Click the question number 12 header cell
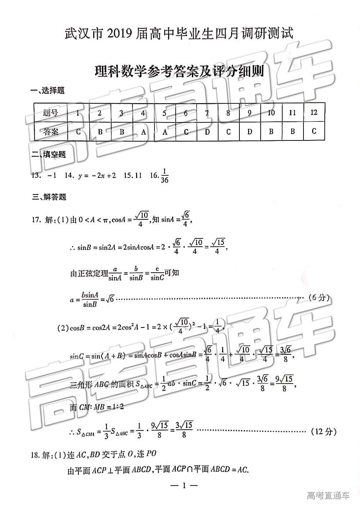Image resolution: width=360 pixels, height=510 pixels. (x=314, y=112)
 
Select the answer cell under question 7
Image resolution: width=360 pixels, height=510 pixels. (x=207, y=131)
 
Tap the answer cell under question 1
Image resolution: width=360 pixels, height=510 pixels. (x=78, y=131)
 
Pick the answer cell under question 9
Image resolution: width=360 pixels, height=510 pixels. (x=249, y=131)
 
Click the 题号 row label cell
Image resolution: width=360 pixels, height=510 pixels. (x=50, y=113)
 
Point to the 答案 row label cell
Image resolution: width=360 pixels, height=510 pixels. (x=50, y=131)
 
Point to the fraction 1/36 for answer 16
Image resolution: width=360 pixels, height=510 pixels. (x=164, y=175)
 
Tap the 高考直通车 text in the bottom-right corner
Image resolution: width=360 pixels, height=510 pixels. (x=328, y=496)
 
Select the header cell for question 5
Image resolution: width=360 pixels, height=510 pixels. (x=164, y=113)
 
